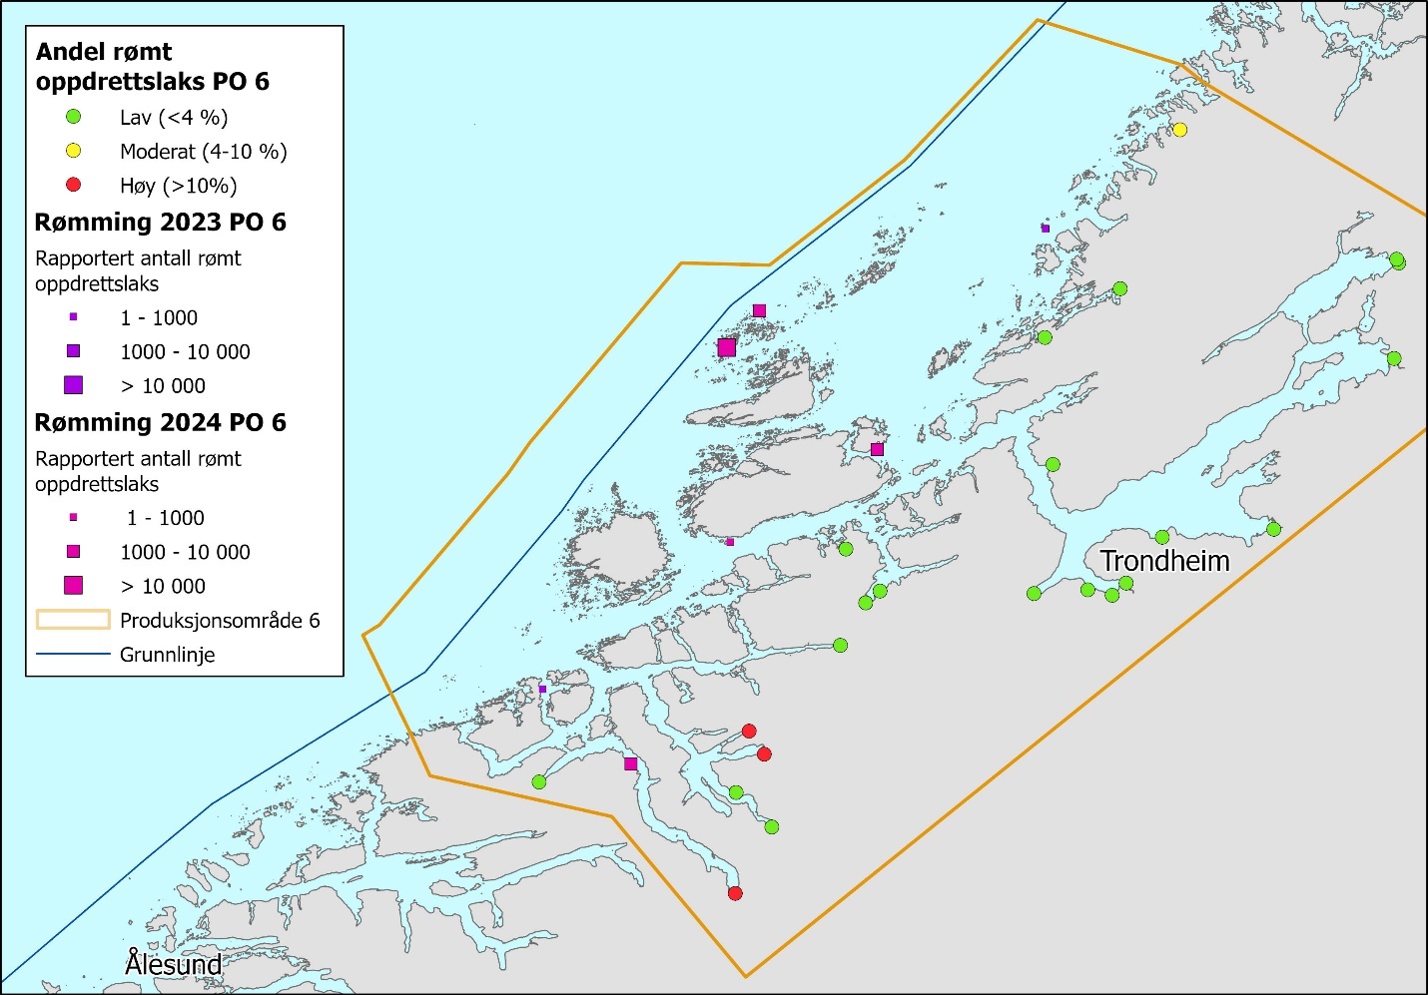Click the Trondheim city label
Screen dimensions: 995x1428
pyautogui.click(x=1164, y=561)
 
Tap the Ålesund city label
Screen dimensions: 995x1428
pyautogui.click(x=173, y=964)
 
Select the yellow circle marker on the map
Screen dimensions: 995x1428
pyautogui.click(x=1179, y=130)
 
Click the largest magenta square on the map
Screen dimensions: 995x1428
pyautogui.click(x=727, y=347)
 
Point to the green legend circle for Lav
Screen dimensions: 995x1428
pyautogui.click(x=73, y=117)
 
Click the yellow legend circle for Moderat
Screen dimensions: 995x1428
pyautogui.click(x=73, y=151)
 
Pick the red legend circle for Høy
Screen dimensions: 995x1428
pyautogui.click(x=73, y=185)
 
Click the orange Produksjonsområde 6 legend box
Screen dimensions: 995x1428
pyautogui.click(x=73, y=620)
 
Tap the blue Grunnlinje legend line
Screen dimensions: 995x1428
pyautogui.click(x=73, y=655)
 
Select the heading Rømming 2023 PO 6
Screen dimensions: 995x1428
pyautogui.click(x=160, y=222)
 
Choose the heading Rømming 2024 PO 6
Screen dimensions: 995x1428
pyautogui.click(x=160, y=422)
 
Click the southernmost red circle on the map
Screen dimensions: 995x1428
pyautogui.click(x=735, y=893)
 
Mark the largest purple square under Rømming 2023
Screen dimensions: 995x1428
pyautogui.click(x=73, y=385)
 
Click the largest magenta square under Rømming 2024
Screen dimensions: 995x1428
pyautogui.click(x=73, y=586)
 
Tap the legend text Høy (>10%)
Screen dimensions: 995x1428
pyautogui.click(x=178, y=186)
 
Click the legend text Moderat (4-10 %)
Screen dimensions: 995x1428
pyautogui.click(x=203, y=152)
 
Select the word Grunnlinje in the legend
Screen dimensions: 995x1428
pyautogui.click(x=167, y=655)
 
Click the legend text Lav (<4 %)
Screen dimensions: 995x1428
pyautogui.click(x=174, y=118)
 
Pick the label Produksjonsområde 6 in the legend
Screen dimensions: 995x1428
pyautogui.click(x=220, y=621)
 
